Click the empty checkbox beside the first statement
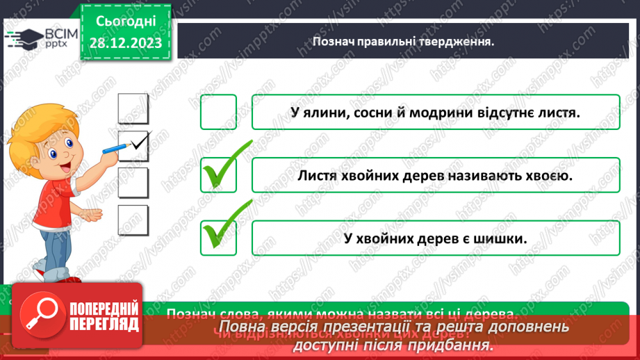pyautogui.click(x=218, y=112)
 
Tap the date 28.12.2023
pyautogui.click(x=126, y=43)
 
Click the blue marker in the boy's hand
pyautogui.click(x=115, y=147)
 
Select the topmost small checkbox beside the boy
pyautogui.click(x=133, y=108)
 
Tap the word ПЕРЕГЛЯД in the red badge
pyautogui.click(x=104, y=325)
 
